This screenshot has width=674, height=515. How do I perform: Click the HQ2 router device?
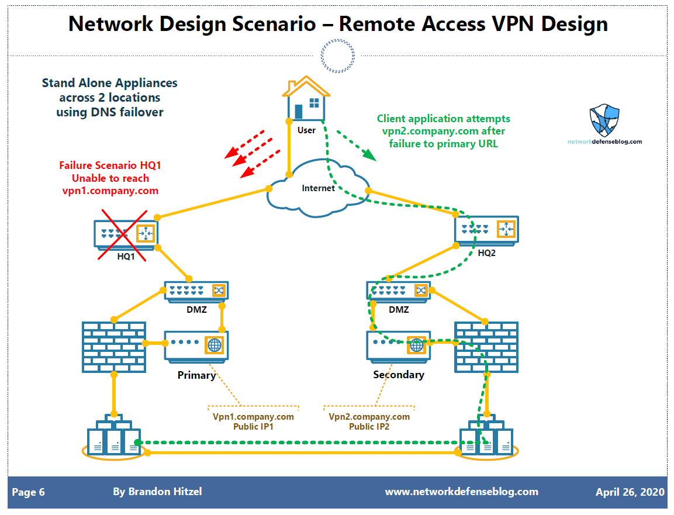point(486,230)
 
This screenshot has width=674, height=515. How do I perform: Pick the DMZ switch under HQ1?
point(196,291)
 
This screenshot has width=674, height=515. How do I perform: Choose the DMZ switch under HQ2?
point(398,291)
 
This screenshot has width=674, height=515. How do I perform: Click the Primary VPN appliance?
point(196,345)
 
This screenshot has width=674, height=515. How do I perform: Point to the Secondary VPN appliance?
point(398,345)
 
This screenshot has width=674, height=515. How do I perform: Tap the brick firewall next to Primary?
point(113,347)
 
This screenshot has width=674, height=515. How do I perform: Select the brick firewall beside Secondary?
point(486,347)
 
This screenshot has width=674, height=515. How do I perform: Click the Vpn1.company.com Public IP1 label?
point(253,421)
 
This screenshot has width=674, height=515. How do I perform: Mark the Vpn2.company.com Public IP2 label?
point(369,421)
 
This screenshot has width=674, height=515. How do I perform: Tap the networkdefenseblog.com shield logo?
point(604,120)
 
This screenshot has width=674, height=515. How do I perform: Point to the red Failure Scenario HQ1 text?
point(110,178)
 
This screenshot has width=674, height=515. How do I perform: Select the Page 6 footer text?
point(28,492)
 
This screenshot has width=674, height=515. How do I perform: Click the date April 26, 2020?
point(630,492)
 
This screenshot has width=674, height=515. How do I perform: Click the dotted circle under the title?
point(338,56)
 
